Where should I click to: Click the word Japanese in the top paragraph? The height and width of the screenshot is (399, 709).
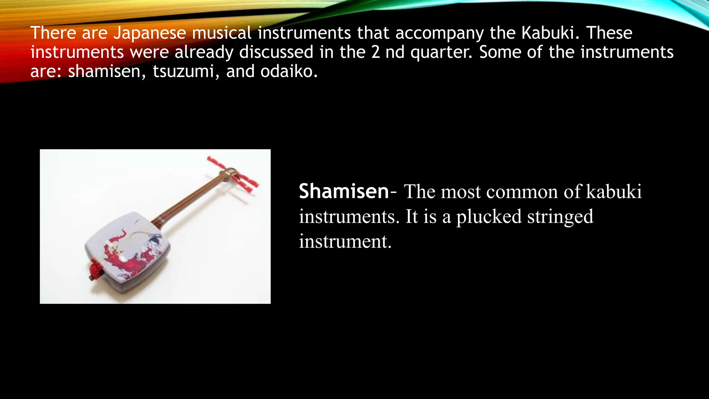(x=150, y=33)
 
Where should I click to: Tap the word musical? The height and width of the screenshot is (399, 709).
(x=222, y=33)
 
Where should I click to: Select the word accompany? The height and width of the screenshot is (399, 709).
(x=439, y=33)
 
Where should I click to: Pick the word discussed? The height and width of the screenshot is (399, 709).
(x=276, y=52)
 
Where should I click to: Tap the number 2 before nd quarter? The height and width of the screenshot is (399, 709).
(x=375, y=52)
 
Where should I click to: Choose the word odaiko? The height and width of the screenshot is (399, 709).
(x=289, y=72)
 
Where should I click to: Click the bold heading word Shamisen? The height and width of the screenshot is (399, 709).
(x=344, y=191)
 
